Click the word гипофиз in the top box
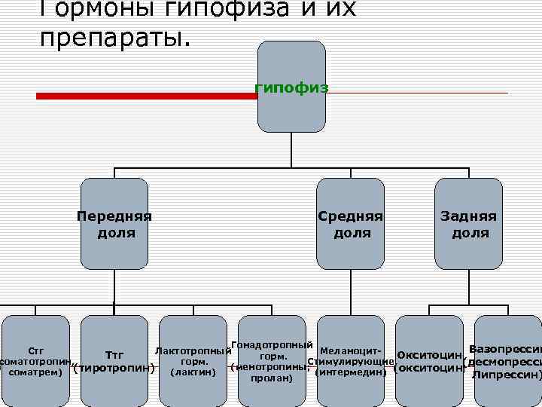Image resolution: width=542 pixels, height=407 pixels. (291, 87)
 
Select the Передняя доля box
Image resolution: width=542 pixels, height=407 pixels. (114, 224)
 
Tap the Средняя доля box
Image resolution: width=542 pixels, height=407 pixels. (351, 224)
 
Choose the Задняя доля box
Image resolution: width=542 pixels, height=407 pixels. (468, 224)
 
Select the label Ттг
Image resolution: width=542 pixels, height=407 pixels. (114, 354)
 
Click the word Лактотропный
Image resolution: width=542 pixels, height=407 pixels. (192, 351)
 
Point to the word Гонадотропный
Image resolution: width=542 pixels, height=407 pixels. (272, 345)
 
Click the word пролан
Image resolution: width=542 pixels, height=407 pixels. (272, 378)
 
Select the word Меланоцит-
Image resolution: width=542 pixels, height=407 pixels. (351, 351)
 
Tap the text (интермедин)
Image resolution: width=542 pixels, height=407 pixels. (351, 372)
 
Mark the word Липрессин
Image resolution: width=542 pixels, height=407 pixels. (505, 374)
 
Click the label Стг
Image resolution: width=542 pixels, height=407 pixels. (35, 351)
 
